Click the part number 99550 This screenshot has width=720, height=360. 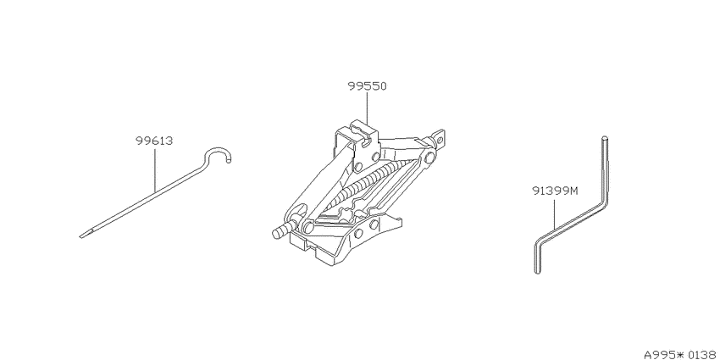tap(367, 86)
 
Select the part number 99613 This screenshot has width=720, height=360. tap(154, 141)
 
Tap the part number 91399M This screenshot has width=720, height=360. tap(554, 190)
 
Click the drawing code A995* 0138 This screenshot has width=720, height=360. tap(681, 354)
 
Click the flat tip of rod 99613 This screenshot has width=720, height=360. tap(83, 236)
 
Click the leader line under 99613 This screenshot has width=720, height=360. tap(154, 169)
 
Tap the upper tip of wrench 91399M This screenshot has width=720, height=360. tap(605, 137)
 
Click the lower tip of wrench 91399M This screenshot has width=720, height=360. tap(538, 272)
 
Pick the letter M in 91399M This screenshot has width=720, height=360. tap(573, 190)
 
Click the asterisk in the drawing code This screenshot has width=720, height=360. tap(680, 354)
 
